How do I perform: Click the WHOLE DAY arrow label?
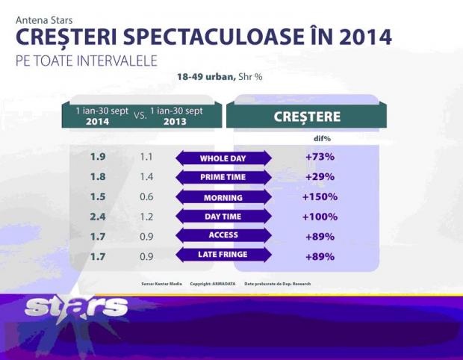(223, 158)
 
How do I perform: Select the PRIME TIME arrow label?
(223, 178)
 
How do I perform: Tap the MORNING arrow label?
(223, 198)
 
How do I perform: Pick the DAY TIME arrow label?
(223, 217)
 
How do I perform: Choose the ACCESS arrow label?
(223, 235)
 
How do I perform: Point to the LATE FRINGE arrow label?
(223, 255)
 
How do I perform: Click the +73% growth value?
(320, 158)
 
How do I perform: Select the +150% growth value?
(320, 197)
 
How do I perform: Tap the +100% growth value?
(320, 217)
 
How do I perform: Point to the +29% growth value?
(320, 178)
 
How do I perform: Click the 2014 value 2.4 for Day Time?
(98, 217)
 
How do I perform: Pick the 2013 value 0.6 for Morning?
(146, 197)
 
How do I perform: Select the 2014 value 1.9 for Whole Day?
(98, 158)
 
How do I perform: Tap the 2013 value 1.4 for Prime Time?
(146, 178)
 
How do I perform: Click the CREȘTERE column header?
(306, 117)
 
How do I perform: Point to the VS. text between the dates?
(139, 117)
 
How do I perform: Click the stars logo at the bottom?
(75, 306)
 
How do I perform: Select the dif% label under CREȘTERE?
(320, 138)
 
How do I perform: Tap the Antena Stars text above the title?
(44, 20)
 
